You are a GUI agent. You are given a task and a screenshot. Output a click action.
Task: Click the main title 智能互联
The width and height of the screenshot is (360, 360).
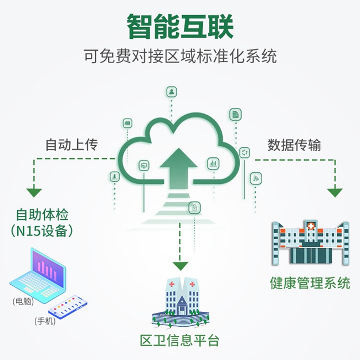pyautogui.click(x=180, y=25)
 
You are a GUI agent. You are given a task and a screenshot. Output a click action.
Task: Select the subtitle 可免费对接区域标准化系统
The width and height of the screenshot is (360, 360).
pyautogui.click(x=180, y=56)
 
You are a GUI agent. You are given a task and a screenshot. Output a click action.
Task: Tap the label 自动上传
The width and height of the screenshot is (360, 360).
pyautogui.click(x=71, y=145)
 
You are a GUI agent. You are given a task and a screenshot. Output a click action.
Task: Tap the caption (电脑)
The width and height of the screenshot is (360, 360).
pyautogui.click(x=23, y=302)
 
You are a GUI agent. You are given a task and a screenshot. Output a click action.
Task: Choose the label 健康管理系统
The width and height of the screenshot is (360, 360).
pyautogui.click(x=310, y=283)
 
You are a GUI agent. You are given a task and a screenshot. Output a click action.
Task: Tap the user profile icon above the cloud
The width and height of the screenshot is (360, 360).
pyautogui.click(x=172, y=91)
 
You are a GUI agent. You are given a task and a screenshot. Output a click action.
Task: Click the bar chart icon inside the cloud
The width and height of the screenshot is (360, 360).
pyautogui.click(x=213, y=163)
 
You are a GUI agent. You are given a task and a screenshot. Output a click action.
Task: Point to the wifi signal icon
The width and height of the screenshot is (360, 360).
pyautogui.click(x=256, y=178)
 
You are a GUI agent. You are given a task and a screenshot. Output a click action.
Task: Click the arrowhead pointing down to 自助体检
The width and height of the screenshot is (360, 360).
pyautogui.click(x=34, y=193)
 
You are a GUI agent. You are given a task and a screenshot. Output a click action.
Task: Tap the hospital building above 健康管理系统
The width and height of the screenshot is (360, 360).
pyautogui.click(x=310, y=242)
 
